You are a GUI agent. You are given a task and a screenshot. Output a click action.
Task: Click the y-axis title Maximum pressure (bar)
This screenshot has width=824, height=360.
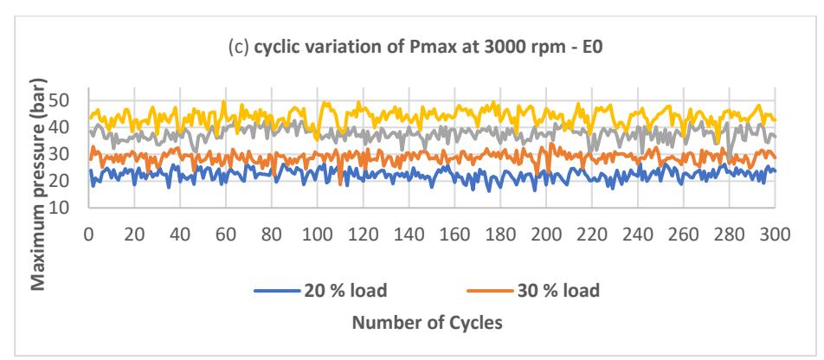[x=38, y=183]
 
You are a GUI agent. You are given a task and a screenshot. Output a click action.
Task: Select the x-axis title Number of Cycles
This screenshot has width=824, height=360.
[x=428, y=323]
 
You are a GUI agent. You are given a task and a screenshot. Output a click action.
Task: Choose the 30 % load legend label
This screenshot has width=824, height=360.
[x=557, y=290]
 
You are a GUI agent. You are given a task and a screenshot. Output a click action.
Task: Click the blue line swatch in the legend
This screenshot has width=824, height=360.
[x=276, y=291]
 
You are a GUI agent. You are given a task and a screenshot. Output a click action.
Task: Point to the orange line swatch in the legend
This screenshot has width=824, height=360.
[x=489, y=291]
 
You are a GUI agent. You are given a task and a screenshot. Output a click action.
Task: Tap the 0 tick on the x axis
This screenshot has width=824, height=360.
[x=89, y=234]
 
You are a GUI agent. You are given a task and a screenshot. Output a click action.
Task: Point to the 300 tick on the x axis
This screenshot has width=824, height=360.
[x=776, y=234]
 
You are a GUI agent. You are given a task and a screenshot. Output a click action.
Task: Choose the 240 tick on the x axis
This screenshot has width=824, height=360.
[x=637, y=234]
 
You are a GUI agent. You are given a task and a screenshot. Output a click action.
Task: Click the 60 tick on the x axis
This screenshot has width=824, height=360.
[x=225, y=234]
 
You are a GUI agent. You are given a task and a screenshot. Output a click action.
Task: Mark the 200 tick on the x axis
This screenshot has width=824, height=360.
[x=545, y=234]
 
